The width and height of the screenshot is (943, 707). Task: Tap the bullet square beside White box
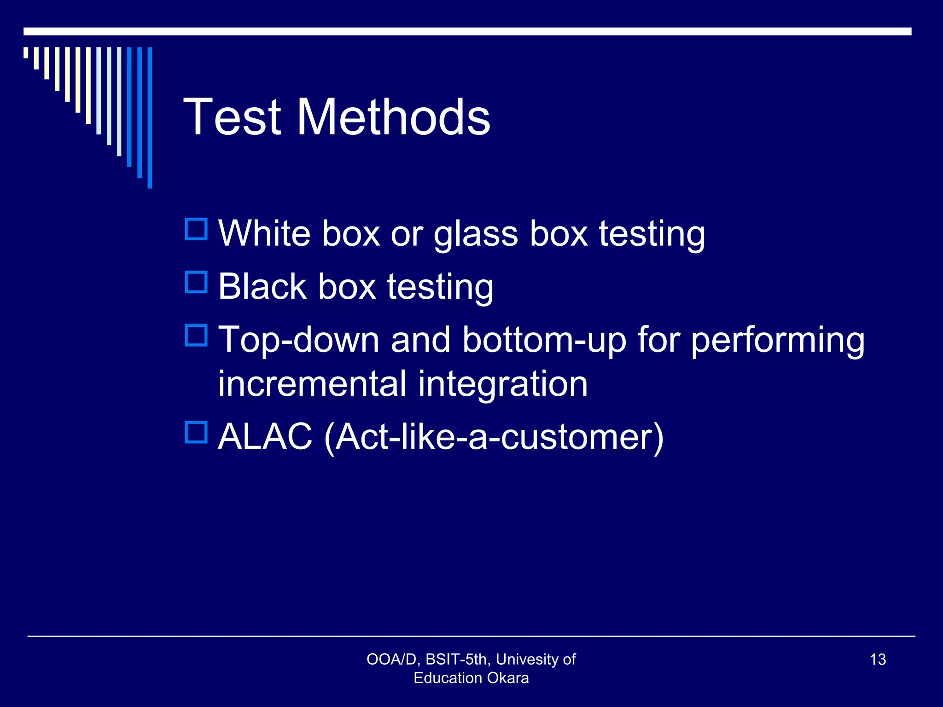pyautogui.click(x=196, y=229)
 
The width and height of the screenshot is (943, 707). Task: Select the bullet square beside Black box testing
pyautogui.click(x=196, y=282)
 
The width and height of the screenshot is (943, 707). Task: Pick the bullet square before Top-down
pyautogui.click(x=196, y=336)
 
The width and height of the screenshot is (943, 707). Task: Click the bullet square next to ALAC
pyautogui.click(x=196, y=432)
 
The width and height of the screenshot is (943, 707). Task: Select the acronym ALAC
pyautogui.click(x=265, y=436)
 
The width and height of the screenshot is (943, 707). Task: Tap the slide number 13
pyautogui.click(x=878, y=660)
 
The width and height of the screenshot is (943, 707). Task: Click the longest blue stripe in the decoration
pyautogui.click(x=150, y=117)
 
